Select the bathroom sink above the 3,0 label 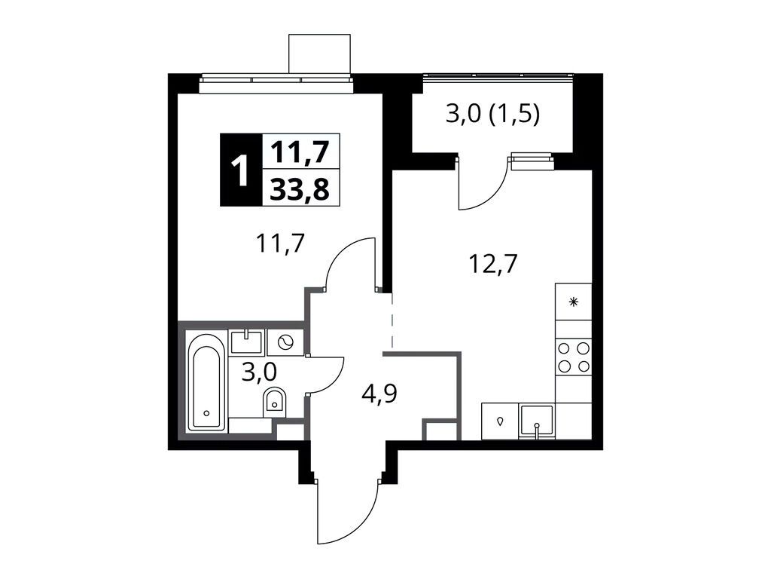246,342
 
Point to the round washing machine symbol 285,342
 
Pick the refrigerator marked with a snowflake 573,302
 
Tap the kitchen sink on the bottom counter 537,421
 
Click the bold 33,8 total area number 300,188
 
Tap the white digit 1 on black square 240,170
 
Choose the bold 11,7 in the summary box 300,151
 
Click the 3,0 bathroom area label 259,372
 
